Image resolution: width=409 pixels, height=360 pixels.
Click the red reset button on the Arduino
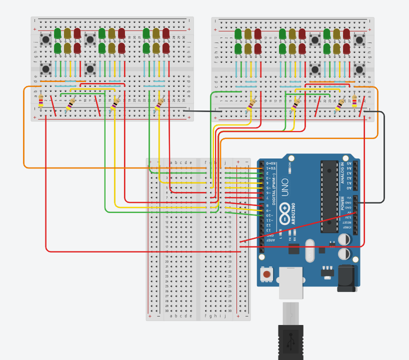coord(267,273)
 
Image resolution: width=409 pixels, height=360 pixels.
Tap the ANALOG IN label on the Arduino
coord(343,173)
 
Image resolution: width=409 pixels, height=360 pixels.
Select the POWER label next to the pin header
coord(343,202)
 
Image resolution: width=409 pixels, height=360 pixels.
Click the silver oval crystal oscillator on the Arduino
coord(309,249)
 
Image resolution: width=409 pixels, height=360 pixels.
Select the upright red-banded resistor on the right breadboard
coord(354,101)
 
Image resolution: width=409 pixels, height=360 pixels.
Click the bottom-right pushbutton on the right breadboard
coord(359,68)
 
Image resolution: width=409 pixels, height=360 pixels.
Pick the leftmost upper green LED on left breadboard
coord(57,33)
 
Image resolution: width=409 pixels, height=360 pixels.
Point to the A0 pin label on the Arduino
coord(349,188)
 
